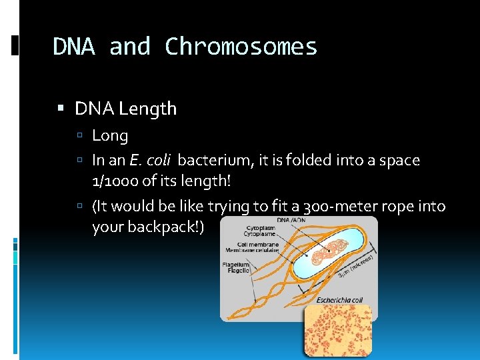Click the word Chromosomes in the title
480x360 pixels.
pyautogui.click(x=241, y=47)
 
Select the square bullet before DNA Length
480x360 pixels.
pyautogui.click(x=61, y=109)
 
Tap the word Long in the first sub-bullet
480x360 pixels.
pyautogui.click(x=109, y=136)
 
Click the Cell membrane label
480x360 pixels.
pyautogui.click(x=246, y=247)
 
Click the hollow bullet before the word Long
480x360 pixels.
pyautogui.click(x=79, y=137)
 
